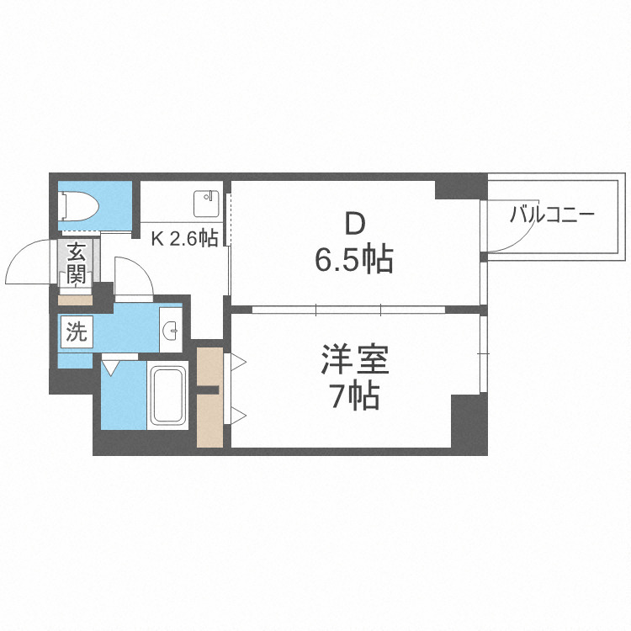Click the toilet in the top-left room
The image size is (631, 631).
click(81, 204)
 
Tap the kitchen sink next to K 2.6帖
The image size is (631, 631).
click(205, 203)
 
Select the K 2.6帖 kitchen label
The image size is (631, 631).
click(184, 238)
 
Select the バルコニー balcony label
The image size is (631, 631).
click(552, 214)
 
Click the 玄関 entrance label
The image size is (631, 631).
click(76, 262)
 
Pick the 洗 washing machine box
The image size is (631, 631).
click(76, 332)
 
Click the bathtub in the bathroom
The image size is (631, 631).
click(168, 395)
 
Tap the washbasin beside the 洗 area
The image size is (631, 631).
click(171, 331)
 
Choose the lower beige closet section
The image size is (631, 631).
click(209, 421)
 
